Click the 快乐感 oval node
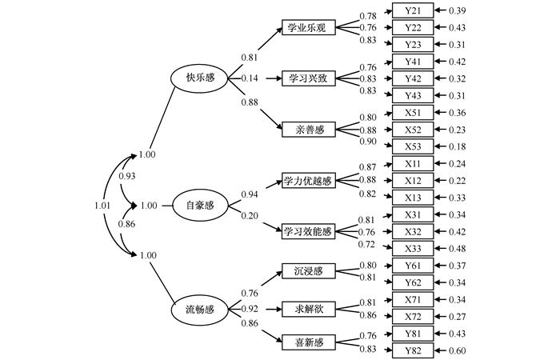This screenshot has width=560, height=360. [200, 78]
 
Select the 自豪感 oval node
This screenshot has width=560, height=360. [200, 206]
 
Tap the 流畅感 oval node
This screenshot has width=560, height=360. [200, 309]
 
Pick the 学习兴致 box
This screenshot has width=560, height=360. [307, 78]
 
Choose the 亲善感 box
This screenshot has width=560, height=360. [307, 128]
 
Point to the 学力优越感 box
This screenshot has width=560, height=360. [307, 181]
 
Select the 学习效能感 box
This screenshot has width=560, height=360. [307, 231]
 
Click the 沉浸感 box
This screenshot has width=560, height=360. [307, 272]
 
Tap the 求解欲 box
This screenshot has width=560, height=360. [307, 307]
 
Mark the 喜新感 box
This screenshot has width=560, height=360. [307, 342]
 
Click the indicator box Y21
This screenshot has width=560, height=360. [413, 10]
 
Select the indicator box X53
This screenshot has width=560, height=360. [413, 146]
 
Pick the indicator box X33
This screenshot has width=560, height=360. [413, 248]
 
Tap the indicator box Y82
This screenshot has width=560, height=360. [413, 350]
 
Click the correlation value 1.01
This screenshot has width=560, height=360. [102, 206]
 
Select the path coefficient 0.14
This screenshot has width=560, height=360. [250, 78]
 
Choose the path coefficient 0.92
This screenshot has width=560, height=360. [250, 308]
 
